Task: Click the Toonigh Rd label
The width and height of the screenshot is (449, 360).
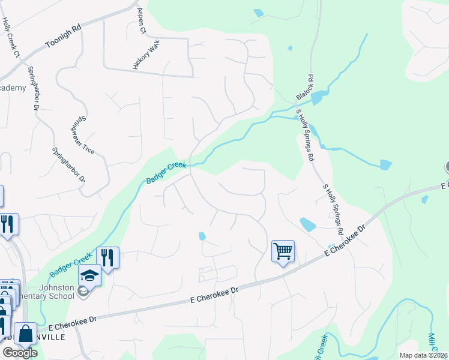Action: click(62, 37)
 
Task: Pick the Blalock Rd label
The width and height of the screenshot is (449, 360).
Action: click(305, 88)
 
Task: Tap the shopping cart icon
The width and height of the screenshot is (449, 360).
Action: click(283, 250)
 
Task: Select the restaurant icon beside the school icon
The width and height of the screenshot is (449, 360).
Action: click(107, 257)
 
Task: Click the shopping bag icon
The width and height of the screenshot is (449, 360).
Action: click(26, 334)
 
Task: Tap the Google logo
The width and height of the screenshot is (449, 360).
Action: click(20, 353)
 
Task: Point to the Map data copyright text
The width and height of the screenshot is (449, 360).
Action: click(423, 355)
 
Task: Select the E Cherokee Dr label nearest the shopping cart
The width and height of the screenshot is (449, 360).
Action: click(345, 241)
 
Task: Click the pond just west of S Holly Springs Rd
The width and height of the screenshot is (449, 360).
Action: click(307, 225)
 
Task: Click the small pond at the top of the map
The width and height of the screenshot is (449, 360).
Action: click(258, 13)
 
